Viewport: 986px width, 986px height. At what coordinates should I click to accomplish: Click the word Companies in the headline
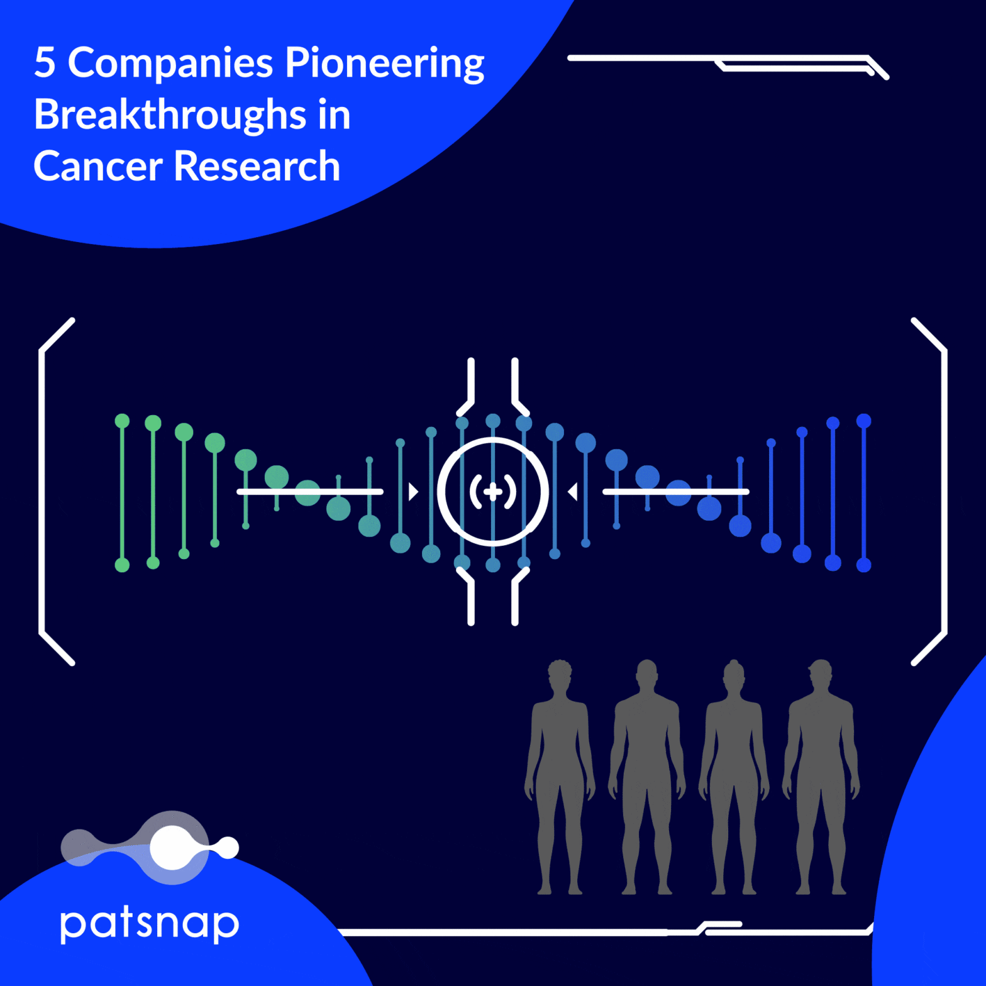tap(170, 64)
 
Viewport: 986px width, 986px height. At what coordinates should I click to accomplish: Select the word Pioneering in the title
tap(384, 64)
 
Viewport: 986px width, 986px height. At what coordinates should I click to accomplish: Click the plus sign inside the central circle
tap(493, 491)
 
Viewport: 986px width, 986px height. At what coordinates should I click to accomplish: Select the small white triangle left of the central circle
tap(413, 491)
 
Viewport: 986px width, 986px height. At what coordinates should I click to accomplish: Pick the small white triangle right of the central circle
tap(573, 491)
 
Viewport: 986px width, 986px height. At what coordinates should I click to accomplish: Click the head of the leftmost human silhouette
tap(559, 674)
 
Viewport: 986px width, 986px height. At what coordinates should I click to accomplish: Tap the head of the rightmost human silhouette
tap(820, 674)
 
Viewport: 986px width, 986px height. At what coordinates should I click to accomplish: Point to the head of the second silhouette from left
tap(646, 674)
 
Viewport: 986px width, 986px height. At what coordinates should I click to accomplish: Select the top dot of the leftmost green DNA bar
tap(122, 421)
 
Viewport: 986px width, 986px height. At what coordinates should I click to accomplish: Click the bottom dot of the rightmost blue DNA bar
tap(863, 565)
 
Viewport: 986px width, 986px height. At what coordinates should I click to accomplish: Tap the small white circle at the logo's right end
tap(228, 848)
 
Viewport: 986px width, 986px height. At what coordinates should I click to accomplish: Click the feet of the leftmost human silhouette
tap(559, 889)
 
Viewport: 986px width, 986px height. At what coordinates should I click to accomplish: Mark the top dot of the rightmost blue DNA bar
tap(863, 421)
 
